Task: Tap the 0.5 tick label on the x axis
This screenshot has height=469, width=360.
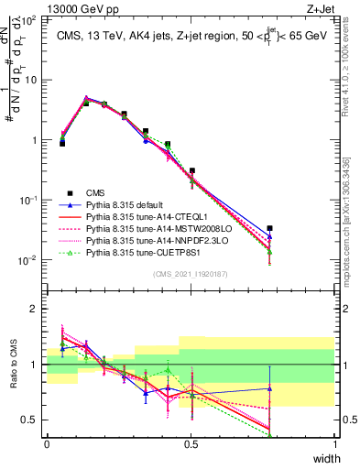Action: pyautogui.click(x=191, y=443)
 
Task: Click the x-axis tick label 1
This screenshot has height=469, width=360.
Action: pyautogui.click(x=334, y=443)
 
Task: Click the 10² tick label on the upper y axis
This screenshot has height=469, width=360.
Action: pyautogui.click(x=32, y=20)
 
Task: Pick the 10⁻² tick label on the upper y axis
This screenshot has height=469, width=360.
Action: pyautogui.click(x=32, y=260)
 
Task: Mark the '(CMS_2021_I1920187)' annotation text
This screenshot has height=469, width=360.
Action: pyautogui.click(x=191, y=273)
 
